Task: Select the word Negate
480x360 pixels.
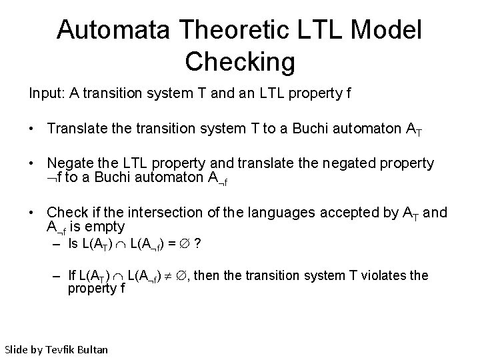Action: (69, 163)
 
